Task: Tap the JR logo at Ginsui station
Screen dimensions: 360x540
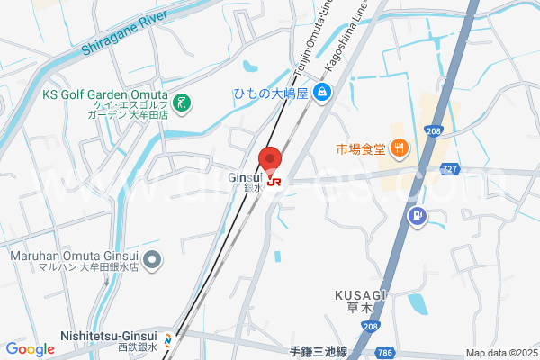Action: pyautogui.click(x=274, y=181)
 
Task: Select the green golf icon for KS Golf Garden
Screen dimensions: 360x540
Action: pyautogui.click(x=183, y=103)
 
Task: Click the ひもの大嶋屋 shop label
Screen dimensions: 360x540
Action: pyautogui.click(x=271, y=93)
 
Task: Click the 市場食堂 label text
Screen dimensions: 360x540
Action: pyautogui.click(x=361, y=148)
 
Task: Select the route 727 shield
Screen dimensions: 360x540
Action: pyautogui.click(x=452, y=167)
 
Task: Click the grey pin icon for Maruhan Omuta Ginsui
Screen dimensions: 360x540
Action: pyautogui.click(x=152, y=261)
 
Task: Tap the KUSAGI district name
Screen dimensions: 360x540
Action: pyautogui.click(x=360, y=295)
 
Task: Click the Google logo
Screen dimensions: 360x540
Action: pyautogui.click(x=30, y=349)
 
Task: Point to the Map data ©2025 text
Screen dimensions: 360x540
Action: pyautogui.click(x=499, y=353)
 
